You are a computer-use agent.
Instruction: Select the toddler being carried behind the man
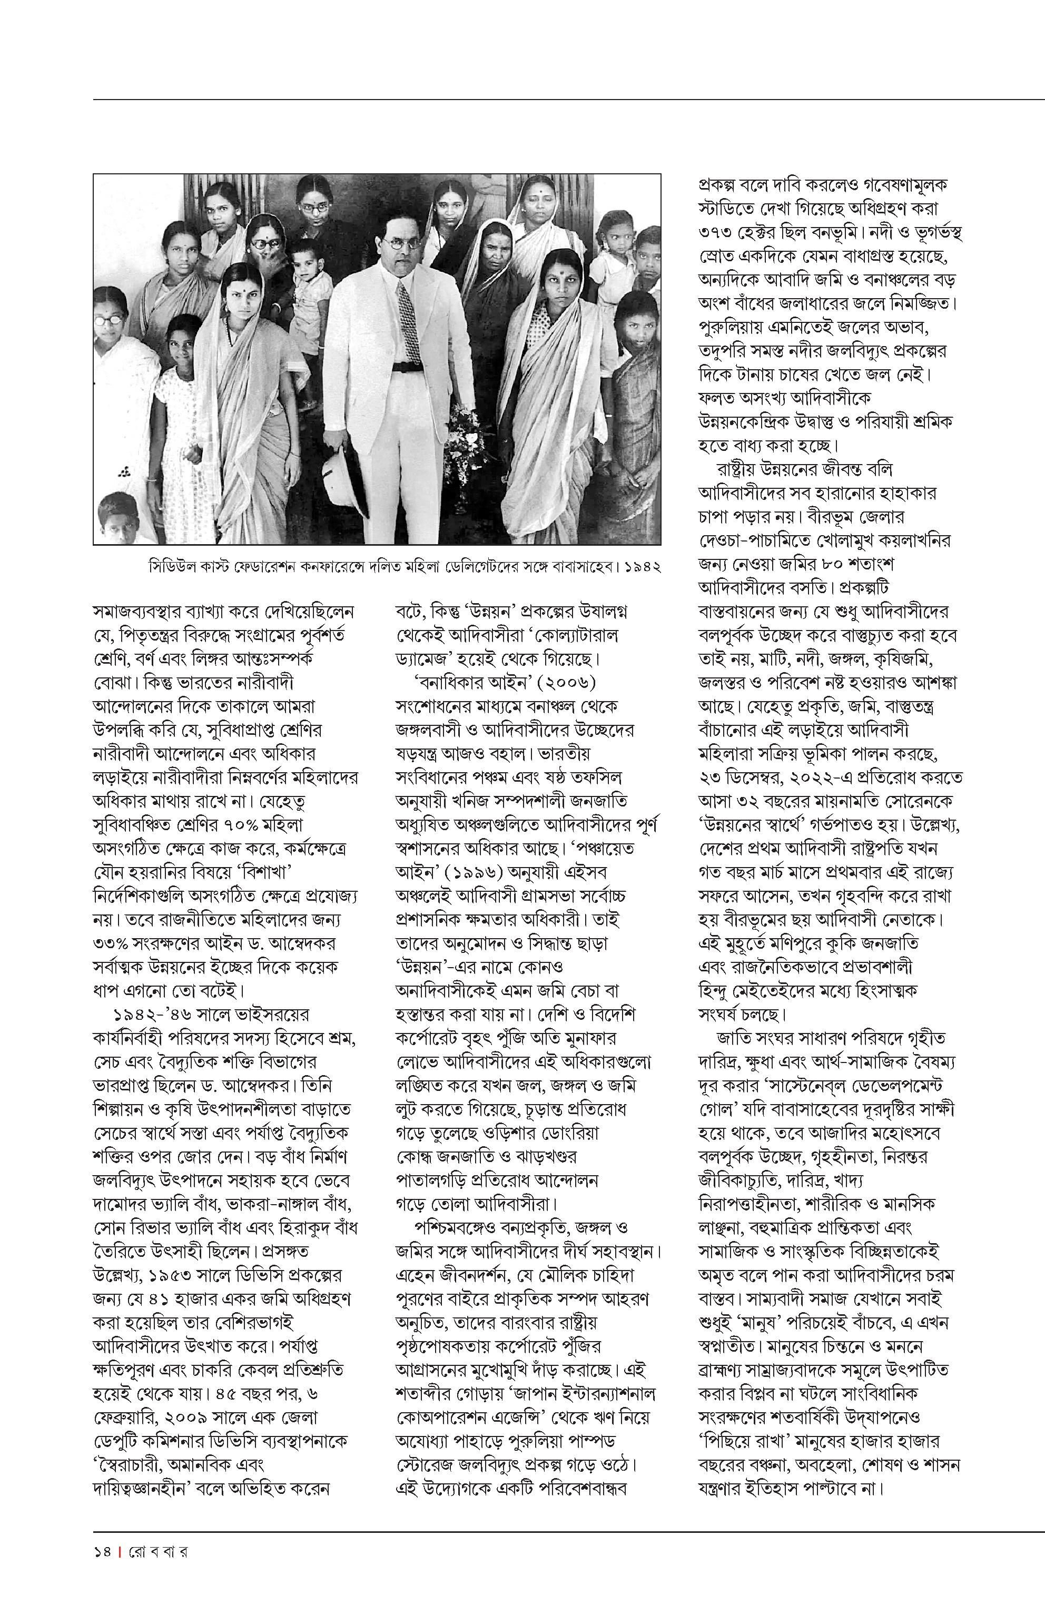point(309,278)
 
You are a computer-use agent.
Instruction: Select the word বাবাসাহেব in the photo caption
point(586,566)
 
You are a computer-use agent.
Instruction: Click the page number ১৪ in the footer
point(103,1552)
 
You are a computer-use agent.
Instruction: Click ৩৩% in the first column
point(113,944)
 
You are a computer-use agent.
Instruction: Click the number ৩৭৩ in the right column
point(718,232)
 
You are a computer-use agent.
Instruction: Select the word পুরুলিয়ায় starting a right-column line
point(732,327)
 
